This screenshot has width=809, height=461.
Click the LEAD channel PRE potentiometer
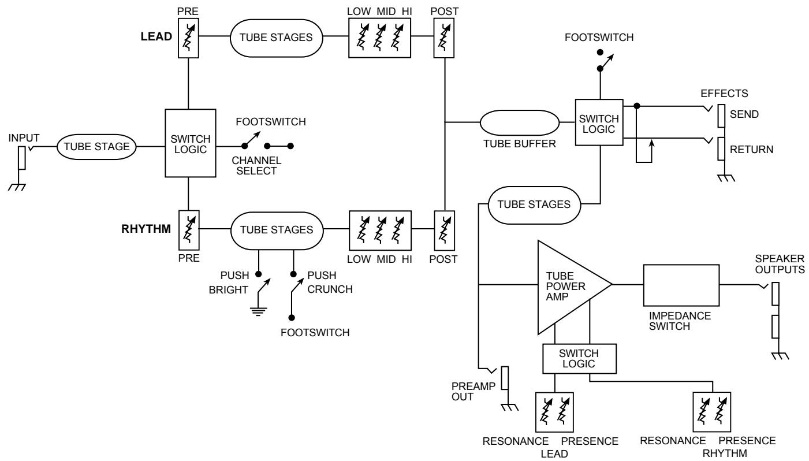tap(188, 38)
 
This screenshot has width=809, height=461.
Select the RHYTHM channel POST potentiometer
tap(444, 231)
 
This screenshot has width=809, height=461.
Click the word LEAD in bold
tap(156, 36)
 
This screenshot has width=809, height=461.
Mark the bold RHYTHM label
tap(146, 229)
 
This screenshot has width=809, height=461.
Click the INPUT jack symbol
tap(22, 158)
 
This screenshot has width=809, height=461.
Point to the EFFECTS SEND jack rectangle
tap(721, 116)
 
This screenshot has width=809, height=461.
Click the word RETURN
tap(752, 149)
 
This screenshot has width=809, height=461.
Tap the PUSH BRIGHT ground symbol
tap(259, 311)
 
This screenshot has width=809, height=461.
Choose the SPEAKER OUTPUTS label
tap(780, 264)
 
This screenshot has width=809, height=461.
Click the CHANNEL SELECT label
tap(256, 165)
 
